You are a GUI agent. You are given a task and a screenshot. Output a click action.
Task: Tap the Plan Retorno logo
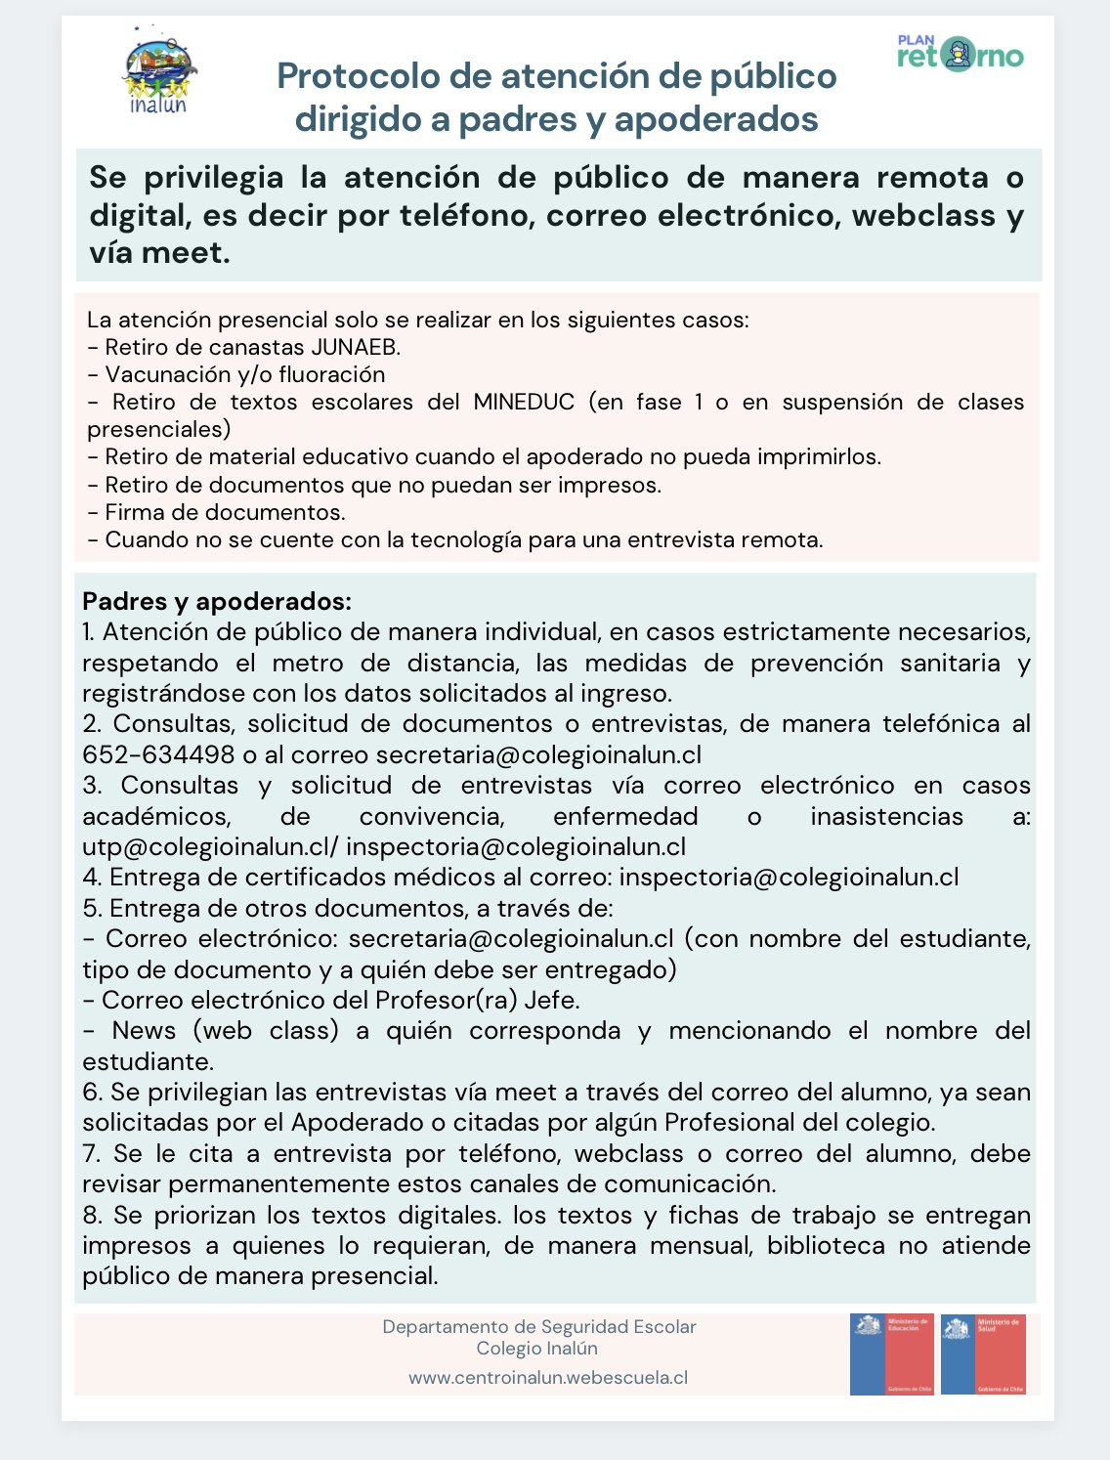pos(960,54)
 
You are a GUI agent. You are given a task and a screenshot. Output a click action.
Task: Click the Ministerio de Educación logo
pos(891,1353)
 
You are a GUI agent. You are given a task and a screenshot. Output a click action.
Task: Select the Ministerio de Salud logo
pos(983,1353)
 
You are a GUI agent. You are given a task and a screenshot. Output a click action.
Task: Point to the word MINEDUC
pos(524,402)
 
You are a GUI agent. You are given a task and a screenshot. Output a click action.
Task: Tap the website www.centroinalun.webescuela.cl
pos(548,1377)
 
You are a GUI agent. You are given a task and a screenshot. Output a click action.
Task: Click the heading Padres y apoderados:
pos(217,601)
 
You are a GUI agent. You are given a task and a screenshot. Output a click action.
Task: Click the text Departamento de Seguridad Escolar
pos(539,1326)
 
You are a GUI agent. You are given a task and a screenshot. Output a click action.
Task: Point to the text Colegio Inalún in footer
pos(537,1349)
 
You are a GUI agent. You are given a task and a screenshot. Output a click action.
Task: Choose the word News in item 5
pos(143,1030)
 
